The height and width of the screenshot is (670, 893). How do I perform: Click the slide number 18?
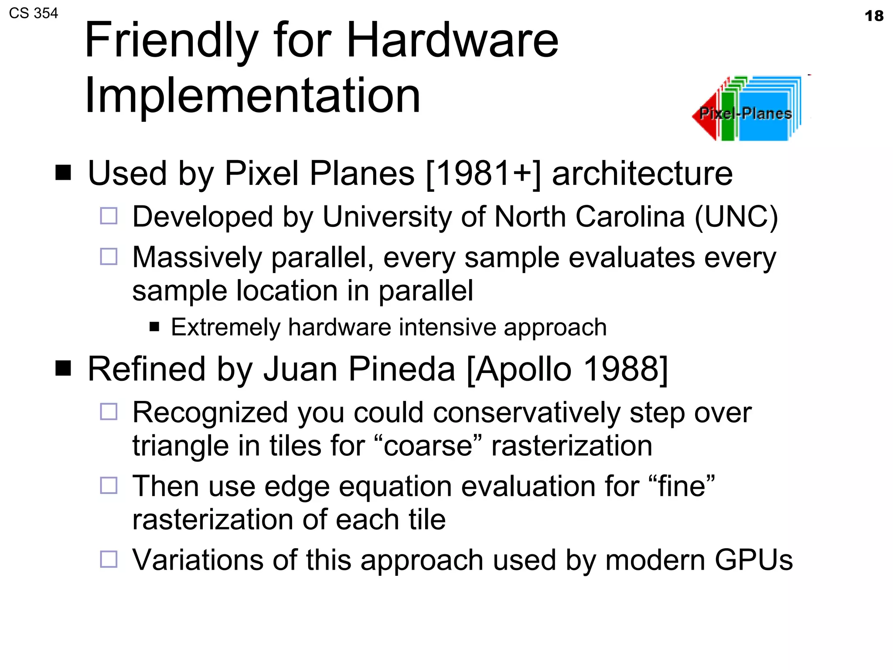coord(874,16)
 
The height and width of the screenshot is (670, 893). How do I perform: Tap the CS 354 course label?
coord(34,14)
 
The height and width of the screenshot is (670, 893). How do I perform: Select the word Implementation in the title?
coord(252,96)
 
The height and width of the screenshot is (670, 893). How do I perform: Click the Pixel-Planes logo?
coord(746,109)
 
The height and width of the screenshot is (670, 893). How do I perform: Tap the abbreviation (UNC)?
coord(736,217)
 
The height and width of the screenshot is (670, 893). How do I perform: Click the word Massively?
coord(197,257)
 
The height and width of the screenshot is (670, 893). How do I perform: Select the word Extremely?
coord(225,328)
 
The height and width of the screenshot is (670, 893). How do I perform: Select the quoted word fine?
coord(682,486)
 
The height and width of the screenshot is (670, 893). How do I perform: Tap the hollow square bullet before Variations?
coord(109,559)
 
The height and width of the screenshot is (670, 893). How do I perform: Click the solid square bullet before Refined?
coord(63,369)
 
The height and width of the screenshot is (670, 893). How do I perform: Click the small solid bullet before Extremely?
coord(154,327)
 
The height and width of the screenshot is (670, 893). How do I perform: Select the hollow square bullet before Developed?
coord(109,216)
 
